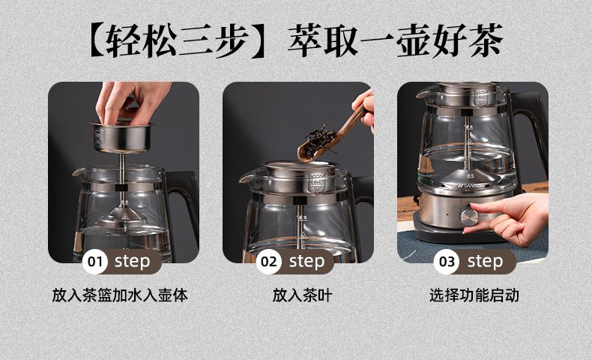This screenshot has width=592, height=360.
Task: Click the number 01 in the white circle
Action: tap(94, 262)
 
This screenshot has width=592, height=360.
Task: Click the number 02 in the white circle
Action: tap(268, 262)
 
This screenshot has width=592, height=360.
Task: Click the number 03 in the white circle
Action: tap(447, 262)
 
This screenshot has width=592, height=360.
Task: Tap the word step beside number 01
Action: tap(132, 262)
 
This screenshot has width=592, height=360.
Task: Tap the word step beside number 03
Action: tap(485, 262)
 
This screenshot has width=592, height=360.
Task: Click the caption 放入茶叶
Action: tap(302, 295)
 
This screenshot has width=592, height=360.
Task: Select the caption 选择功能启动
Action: tap(474, 295)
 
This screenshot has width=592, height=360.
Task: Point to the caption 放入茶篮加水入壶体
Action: tap(120, 295)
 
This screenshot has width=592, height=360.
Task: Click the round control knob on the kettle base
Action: tap(469, 217)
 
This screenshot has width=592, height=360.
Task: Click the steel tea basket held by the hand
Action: tap(121, 136)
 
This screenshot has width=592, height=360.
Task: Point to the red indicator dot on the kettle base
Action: tap(447, 214)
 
